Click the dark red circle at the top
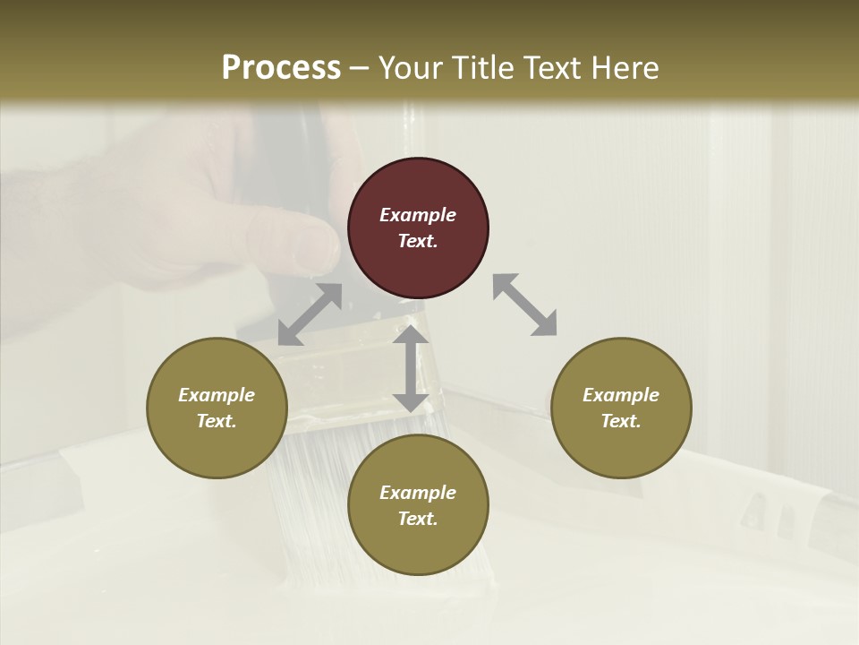(418, 228)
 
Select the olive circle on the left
(217, 408)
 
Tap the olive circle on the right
(621, 408)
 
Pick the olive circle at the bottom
(418, 505)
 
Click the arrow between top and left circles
(310, 314)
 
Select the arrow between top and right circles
(525, 305)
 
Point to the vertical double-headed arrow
(411, 368)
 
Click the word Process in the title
(281, 67)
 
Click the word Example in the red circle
(418, 215)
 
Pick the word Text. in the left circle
(217, 421)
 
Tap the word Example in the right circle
(621, 395)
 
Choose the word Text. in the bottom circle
(418, 519)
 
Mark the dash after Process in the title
(360, 67)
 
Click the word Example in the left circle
(217, 395)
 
